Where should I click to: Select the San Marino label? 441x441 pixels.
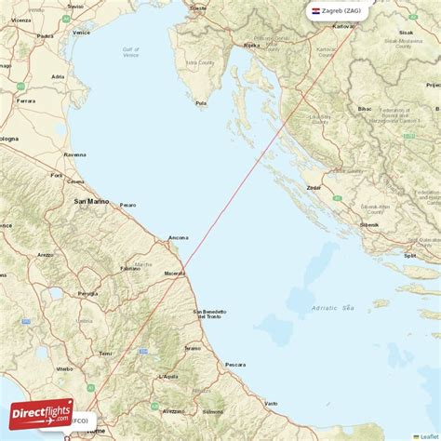pos(92,201)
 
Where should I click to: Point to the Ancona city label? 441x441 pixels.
pos(178,238)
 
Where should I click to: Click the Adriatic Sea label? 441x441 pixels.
pos(334,307)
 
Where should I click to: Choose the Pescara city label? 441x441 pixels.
pos(234,364)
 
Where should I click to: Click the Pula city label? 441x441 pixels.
pos(201,103)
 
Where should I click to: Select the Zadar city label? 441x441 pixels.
pos(314,187)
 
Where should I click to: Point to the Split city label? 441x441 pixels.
pos(410,255)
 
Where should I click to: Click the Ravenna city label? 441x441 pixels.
pos(74,154)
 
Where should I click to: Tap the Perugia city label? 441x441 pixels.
pos(87,294)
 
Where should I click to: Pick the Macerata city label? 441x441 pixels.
pos(173,273)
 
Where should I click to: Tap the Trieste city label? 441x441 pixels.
pos(197,7)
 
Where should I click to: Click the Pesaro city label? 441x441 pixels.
pos(127,205)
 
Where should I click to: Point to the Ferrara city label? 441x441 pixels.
pos(25,100)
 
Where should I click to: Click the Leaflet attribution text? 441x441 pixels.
pos(430,435)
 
